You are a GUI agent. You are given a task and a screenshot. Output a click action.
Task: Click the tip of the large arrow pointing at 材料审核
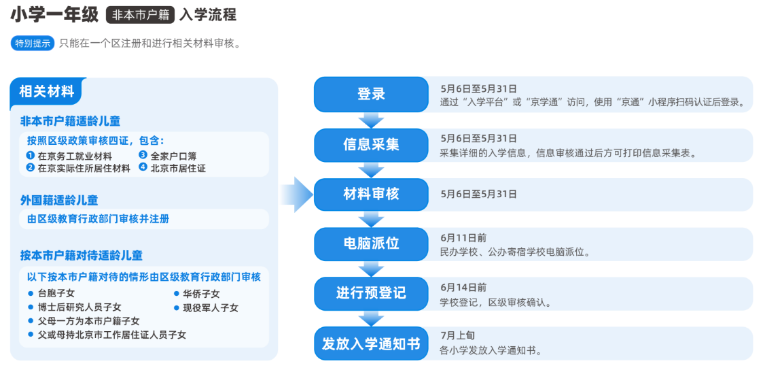coord(314,195)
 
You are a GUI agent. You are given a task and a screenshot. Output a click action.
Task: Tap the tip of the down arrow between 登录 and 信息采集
coord(371,128)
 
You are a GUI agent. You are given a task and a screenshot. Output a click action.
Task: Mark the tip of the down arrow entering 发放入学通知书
coord(371,326)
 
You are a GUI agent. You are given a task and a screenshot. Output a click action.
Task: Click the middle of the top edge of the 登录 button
coord(371,77)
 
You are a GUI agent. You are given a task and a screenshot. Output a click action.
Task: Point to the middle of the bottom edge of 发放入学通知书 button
coord(371,360)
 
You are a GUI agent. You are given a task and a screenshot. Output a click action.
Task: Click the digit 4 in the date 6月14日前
coord(454,287)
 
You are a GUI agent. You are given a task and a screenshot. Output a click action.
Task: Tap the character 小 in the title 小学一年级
coord(18,16)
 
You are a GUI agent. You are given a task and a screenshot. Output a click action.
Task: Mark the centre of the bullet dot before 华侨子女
coord(177,294)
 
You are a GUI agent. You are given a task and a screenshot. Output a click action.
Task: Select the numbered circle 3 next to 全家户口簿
coord(143,155)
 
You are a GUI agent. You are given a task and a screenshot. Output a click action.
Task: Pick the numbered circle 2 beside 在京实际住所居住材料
coord(30,168)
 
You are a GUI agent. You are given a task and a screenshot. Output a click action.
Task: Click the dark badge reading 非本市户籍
coord(140,16)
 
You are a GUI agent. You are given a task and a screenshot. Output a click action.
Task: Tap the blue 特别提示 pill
coord(33,44)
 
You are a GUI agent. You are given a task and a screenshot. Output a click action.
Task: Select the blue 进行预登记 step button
coord(371,294)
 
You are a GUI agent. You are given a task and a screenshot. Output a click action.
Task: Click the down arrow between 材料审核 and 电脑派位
coord(371,219)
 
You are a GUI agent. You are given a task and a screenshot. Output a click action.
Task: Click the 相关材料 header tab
coord(47,91)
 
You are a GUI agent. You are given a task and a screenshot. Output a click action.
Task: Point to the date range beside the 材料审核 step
coord(479,194)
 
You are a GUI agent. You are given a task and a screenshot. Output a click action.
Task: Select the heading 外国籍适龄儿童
coord(59,200)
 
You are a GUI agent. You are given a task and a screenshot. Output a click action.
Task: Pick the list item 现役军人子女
coord(211,307)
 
